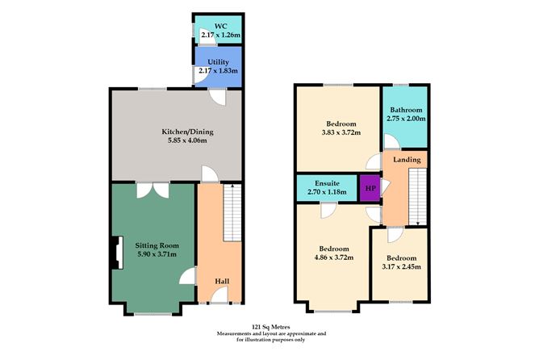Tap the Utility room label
point(218,61)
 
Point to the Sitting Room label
point(158,245)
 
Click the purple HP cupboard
point(370,188)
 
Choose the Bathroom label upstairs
point(406,110)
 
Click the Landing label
point(407,160)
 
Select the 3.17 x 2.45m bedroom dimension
point(400,266)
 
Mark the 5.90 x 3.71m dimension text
point(158,254)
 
